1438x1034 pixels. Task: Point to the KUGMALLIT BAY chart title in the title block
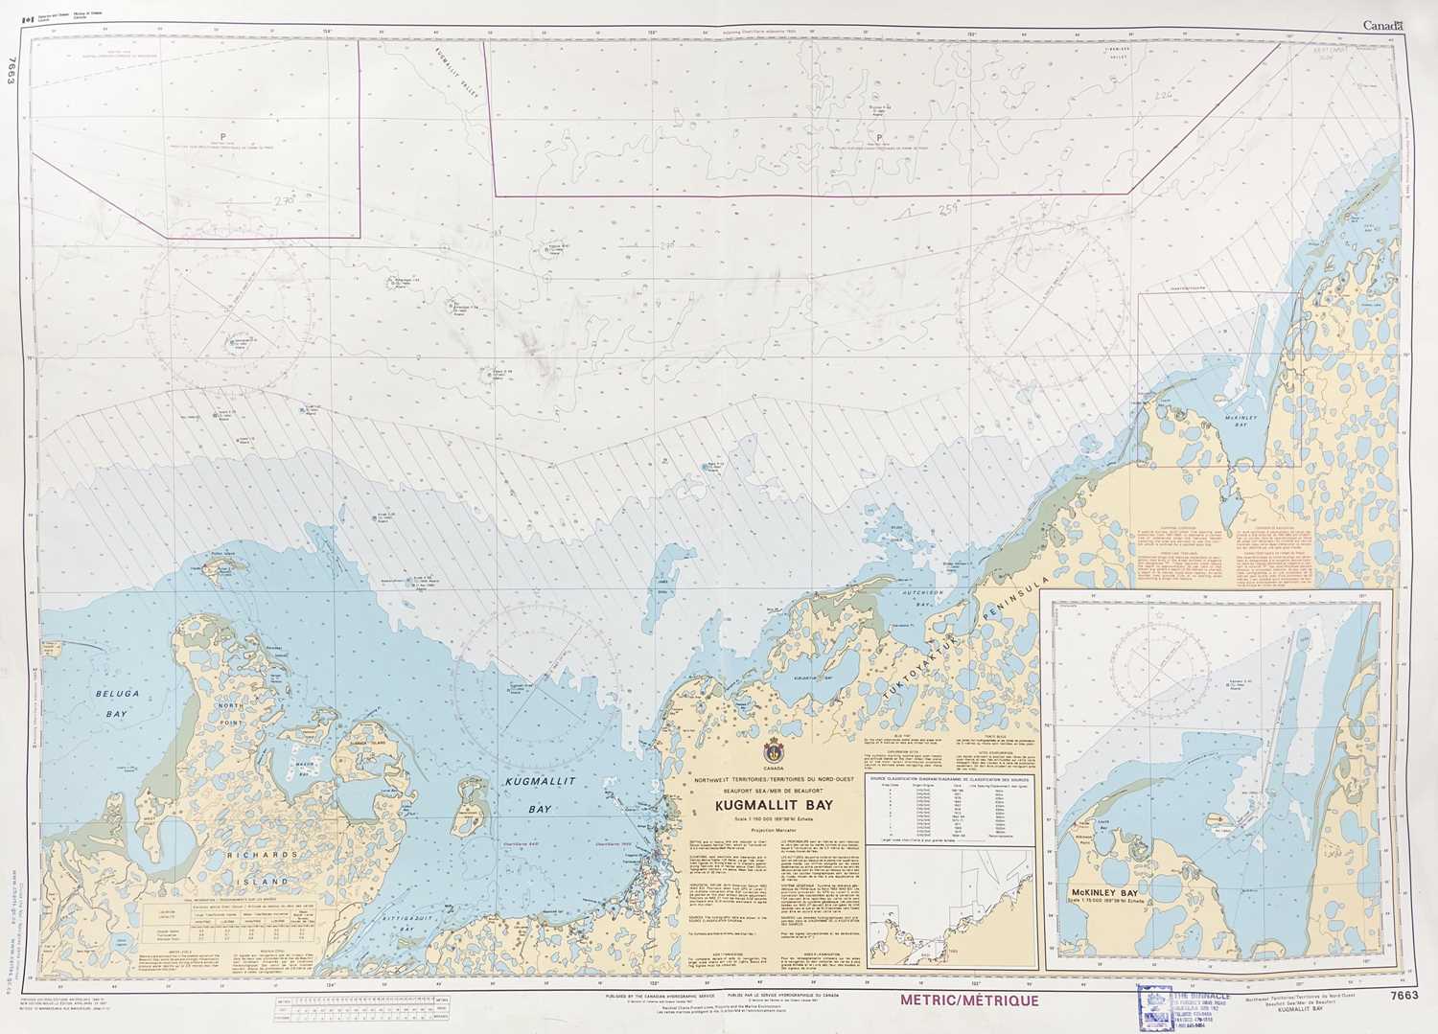click(x=773, y=807)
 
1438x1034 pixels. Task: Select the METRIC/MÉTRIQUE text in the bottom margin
click(x=968, y=1000)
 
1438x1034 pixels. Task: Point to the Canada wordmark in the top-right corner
click(x=1382, y=26)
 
